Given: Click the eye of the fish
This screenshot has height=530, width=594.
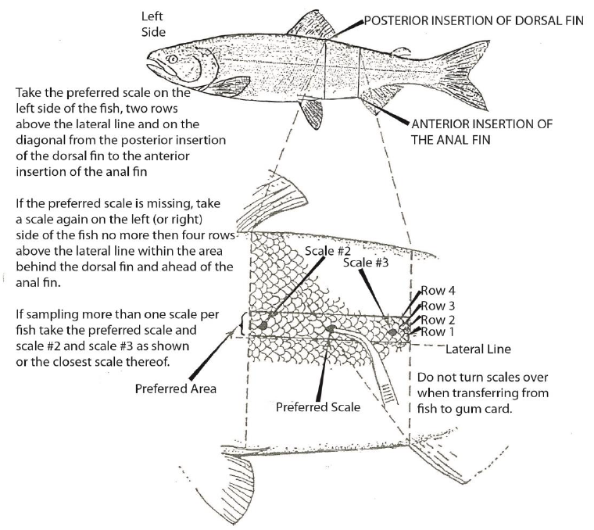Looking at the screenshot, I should (x=173, y=58).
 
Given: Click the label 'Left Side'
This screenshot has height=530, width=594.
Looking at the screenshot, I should (x=154, y=24).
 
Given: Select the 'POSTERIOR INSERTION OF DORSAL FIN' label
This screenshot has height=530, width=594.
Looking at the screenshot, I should (x=474, y=22).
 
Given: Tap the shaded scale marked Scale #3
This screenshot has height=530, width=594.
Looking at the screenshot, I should (x=392, y=333).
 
